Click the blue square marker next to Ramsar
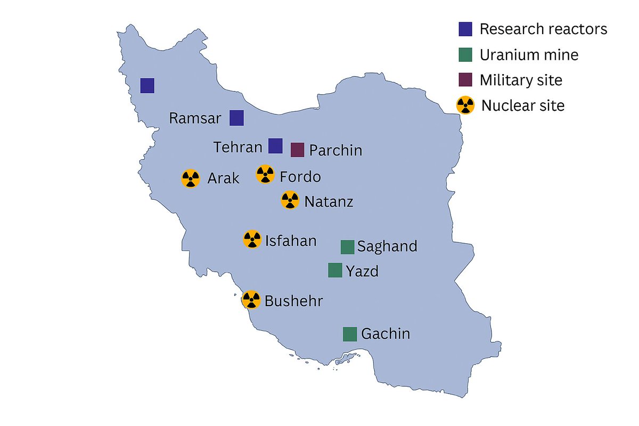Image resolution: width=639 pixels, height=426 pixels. (x=236, y=118)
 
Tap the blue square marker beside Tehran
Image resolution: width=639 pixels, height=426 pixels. (x=275, y=146)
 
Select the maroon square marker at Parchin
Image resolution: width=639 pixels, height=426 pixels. (x=297, y=150)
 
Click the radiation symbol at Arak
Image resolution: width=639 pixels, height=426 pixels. (x=190, y=178)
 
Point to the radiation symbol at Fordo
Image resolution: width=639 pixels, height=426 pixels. (x=265, y=174)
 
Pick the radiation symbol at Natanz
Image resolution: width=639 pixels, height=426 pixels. (x=290, y=200)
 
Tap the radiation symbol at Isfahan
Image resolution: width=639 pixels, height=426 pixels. (x=252, y=240)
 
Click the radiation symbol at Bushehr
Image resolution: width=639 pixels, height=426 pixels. (x=251, y=300)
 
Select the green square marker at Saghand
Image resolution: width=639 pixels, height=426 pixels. (x=347, y=247)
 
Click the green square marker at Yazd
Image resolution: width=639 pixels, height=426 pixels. (x=335, y=271)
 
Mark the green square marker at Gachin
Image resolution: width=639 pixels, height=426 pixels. (x=349, y=334)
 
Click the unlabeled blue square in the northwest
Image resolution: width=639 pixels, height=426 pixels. (x=148, y=85)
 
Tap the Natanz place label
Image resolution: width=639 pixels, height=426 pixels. (x=329, y=202)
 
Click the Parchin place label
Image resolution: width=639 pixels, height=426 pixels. (x=335, y=150)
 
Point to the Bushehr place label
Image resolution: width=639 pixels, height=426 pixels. (x=293, y=301)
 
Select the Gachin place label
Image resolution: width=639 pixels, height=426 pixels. (x=386, y=334)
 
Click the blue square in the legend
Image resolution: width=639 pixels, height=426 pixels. (x=465, y=29)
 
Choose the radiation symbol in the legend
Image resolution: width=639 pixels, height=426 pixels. (x=465, y=105)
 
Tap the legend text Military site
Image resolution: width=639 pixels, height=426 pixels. (x=521, y=80)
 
